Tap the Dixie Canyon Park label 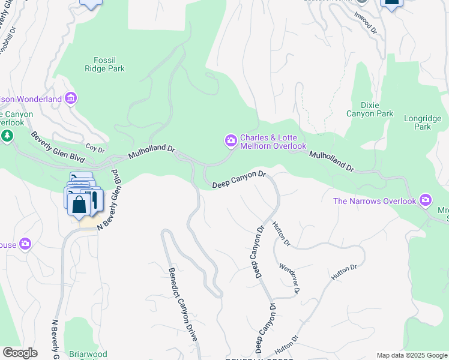point(370,109)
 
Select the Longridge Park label point(418,122)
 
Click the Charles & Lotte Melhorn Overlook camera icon point(231,141)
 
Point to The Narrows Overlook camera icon point(426,200)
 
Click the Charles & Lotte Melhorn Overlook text point(273,142)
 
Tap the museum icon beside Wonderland point(71,98)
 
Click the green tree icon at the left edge point(7,136)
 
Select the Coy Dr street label point(95,146)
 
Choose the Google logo point(20,353)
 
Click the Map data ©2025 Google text point(412,355)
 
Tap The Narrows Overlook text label point(375,200)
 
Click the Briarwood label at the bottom point(88,353)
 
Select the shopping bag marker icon point(79,204)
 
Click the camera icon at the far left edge point(25,243)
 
